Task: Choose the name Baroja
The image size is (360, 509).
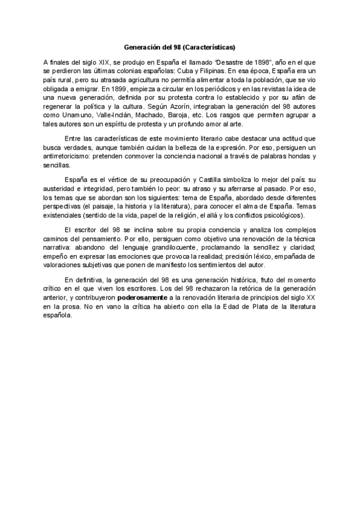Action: [x=186, y=123]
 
